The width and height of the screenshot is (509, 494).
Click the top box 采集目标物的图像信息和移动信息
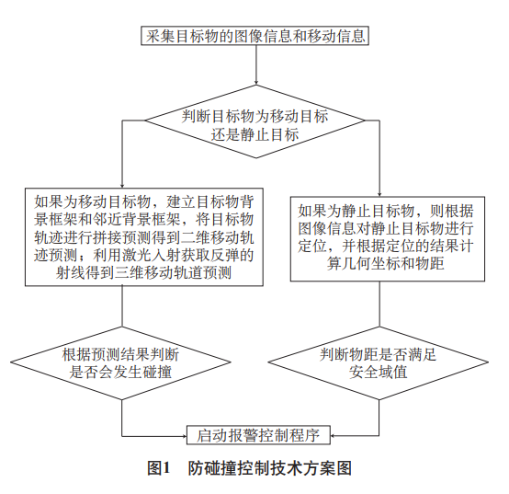click(x=254, y=36)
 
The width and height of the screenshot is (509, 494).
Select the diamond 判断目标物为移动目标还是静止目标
click(x=255, y=121)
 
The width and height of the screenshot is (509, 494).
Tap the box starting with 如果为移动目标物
click(x=144, y=237)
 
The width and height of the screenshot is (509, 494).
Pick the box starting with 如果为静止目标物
click(x=388, y=239)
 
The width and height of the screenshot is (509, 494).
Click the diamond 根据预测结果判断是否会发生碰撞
click(x=120, y=363)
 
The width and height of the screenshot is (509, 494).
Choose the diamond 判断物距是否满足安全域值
click(x=379, y=363)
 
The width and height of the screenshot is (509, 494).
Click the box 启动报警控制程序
click(x=258, y=435)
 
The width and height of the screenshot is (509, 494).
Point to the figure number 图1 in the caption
click(x=159, y=468)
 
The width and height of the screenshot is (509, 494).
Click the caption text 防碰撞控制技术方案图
click(x=270, y=468)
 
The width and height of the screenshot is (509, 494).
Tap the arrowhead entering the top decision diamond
click(x=256, y=82)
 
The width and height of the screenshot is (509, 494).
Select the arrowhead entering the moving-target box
click(x=122, y=185)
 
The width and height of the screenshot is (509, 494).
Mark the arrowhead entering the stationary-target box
click(x=379, y=193)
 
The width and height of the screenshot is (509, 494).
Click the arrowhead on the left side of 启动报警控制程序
click(x=184, y=436)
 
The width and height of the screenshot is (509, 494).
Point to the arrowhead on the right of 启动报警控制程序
click(x=334, y=435)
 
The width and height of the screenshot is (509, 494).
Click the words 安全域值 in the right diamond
click(x=379, y=373)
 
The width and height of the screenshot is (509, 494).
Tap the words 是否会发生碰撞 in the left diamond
click(x=120, y=373)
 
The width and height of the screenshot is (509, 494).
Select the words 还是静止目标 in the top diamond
click(x=255, y=134)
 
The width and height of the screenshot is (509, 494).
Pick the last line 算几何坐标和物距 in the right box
click(x=386, y=263)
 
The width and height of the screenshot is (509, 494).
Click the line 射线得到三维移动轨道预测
click(x=144, y=272)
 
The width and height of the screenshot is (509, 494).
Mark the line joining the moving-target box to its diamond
click(x=122, y=306)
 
